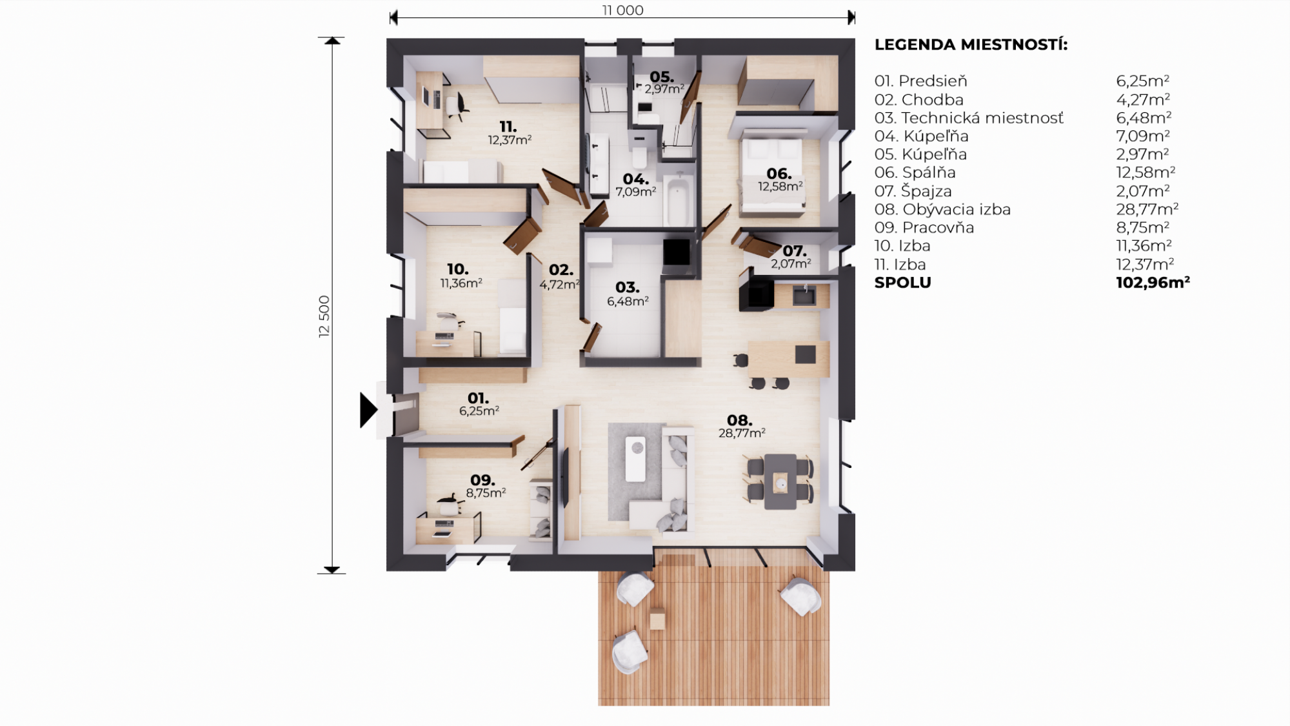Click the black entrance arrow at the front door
[x=368, y=410]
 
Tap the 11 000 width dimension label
[x=622, y=10]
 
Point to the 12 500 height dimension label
[x=324, y=316]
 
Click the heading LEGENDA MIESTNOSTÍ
[x=971, y=45]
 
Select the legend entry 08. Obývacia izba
[x=942, y=209]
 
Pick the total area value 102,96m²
[x=1153, y=282]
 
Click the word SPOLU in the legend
[x=902, y=283]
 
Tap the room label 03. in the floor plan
[x=627, y=287]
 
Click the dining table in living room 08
[x=780, y=481]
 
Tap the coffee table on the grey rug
[x=636, y=458]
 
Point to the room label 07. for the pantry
[x=794, y=250]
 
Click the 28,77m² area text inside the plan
[x=742, y=433]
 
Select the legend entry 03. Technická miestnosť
[x=969, y=118]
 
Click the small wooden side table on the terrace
[x=657, y=620]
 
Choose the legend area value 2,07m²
[x=1143, y=191]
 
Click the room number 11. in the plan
[x=508, y=126]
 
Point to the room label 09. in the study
[x=482, y=480]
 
